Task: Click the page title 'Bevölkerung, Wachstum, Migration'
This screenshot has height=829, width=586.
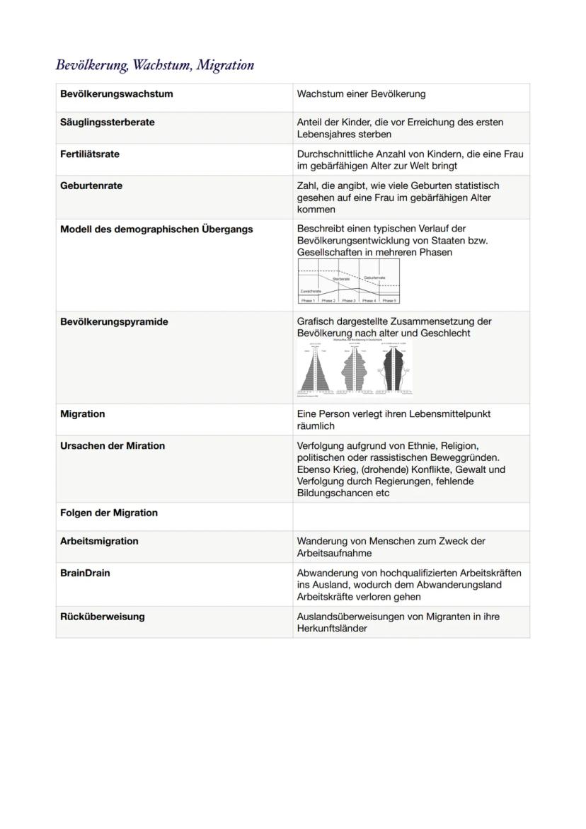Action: click(x=154, y=65)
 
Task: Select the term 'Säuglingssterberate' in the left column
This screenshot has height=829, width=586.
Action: click(x=107, y=122)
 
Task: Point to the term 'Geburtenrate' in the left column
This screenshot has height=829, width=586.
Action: click(x=91, y=186)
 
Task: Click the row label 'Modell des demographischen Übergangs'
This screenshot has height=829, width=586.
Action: click(x=156, y=229)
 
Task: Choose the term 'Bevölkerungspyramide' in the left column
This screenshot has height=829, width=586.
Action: click(x=113, y=322)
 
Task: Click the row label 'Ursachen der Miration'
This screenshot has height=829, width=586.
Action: click(x=112, y=446)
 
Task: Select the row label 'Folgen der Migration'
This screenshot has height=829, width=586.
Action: click(x=108, y=513)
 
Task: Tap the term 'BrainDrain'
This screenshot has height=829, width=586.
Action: click(x=85, y=573)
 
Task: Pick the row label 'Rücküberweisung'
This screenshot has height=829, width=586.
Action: click(x=102, y=617)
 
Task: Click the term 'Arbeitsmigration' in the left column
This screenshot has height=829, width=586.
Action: click(x=99, y=542)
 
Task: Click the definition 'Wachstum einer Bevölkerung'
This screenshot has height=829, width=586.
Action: click(x=361, y=94)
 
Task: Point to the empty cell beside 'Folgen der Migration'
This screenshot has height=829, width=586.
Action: click(x=410, y=516)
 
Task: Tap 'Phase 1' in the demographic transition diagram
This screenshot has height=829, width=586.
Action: click(x=308, y=300)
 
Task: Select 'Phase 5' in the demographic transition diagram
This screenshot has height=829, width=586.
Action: click(x=389, y=300)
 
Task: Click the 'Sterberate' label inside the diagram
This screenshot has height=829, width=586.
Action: click(x=341, y=279)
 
